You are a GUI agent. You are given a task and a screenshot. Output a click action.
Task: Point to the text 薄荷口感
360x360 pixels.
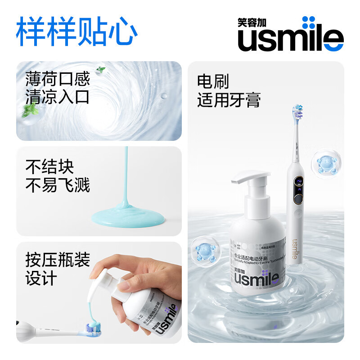click(x=58, y=79)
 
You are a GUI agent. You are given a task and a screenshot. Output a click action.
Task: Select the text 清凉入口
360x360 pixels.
click(x=58, y=97)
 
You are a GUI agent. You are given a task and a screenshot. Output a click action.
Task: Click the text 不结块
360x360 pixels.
click(x=49, y=167)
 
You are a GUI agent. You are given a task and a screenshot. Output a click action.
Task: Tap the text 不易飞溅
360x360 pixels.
click(x=58, y=185)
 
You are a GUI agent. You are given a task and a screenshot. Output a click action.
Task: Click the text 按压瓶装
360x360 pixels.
click(x=58, y=260)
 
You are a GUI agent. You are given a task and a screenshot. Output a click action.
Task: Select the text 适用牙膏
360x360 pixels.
click(x=229, y=100)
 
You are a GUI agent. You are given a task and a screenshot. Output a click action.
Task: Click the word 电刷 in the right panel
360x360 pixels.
click(x=213, y=82)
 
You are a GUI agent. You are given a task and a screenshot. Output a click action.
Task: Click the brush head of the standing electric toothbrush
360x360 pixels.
click(x=297, y=112)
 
